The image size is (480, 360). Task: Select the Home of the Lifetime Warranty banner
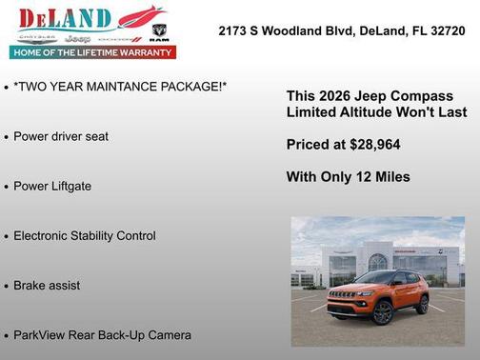pos(93,53)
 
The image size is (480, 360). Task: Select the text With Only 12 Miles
pos(348,176)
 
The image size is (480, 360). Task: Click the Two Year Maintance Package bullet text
pos(120,87)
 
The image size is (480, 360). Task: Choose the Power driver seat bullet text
pos(61,136)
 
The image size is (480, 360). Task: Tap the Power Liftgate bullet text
pos(52,186)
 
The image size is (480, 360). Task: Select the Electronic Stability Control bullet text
pos(85,235)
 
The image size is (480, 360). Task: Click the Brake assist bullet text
pos(47,285)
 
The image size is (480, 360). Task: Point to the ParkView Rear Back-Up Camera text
pos(102,334)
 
